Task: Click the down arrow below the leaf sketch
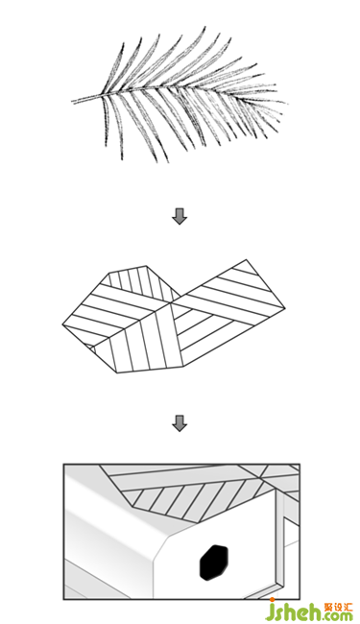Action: pyautogui.click(x=180, y=216)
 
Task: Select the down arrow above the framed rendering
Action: pyautogui.click(x=180, y=423)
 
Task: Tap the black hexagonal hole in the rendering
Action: pyautogui.click(x=214, y=563)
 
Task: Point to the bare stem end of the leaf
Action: pyautogui.click(x=73, y=101)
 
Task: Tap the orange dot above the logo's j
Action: pyautogui.click(x=272, y=600)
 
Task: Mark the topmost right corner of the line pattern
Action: pyautogui.click(x=246, y=260)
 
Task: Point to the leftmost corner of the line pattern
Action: pyautogui.click(x=62, y=325)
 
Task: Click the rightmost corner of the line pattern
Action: pyautogui.click(x=285, y=308)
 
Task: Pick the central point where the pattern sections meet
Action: pyautogui.click(x=170, y=303)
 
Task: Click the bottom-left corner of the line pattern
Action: pyautogui.click(x=117, y=372)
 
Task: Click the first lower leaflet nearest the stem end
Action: pyautogui.click(x=107, y=120)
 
